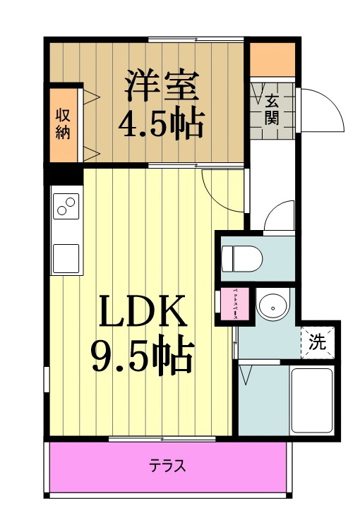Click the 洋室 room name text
pyautogui.click(x=162, y=86)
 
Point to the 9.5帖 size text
pyautogui.click(x=142, y=356)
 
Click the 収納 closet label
pyautogui.click(x=64, y=123)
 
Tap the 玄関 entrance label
pyautogui.click(x=272, y=109)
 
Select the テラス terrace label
pyautogui.click(x=167, y=466)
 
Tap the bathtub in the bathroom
pyautogui.click(x=311, y=400)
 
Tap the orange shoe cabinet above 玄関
pyautogui.click(x=273, y=59)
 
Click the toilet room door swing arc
pyautogui.click(x=280, y=214)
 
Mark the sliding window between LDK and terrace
pyautogui.click(x=162, y=439)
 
